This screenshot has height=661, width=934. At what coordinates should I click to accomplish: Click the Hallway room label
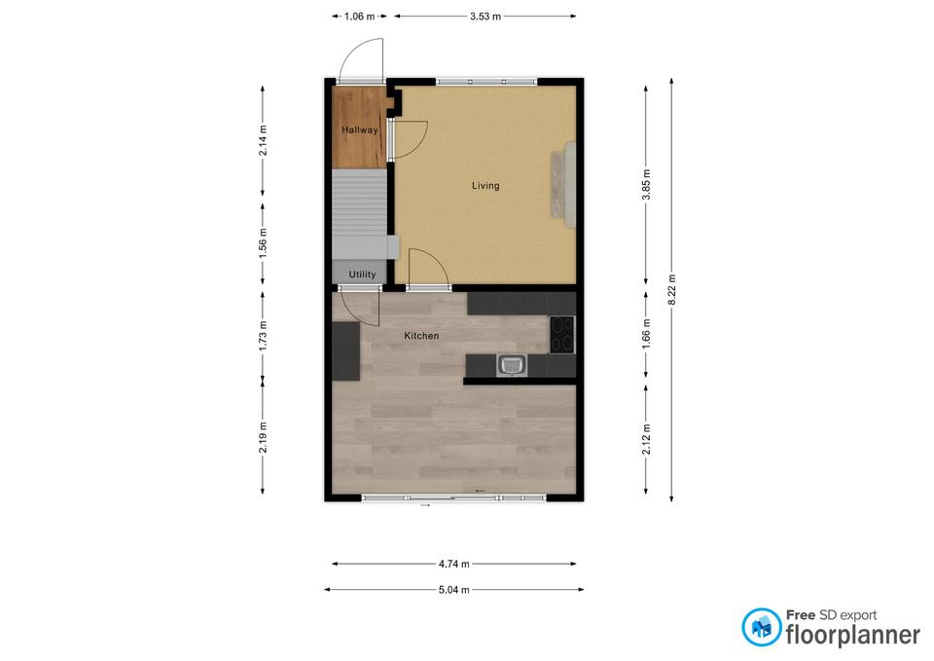click(x=359, y=129)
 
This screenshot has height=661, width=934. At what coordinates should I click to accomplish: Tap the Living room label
click(x=485, y=186)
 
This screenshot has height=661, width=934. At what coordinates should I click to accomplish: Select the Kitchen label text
click(x=421, y=336)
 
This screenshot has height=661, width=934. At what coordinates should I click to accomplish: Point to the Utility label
click(x=362, y=275)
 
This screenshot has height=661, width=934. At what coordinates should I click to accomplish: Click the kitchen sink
click(x=512, y=365)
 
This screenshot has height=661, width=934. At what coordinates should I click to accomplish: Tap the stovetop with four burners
click(x=561, y=334)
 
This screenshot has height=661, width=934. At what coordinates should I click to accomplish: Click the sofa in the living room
click(x=563, y=185)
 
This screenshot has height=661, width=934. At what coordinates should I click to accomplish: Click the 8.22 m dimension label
click(x=672, y=290)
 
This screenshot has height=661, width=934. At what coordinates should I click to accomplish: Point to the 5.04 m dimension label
click(x=454, y=590)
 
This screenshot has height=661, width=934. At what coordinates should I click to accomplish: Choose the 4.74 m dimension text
click(x=454, y=564)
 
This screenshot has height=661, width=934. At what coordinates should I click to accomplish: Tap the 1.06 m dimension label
click(x=359, y=17)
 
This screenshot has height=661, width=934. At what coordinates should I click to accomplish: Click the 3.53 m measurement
click(x=485, y=17)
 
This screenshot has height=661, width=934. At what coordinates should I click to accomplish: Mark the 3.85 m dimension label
click(x=646, y=185)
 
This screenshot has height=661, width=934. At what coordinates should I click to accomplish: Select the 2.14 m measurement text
click(x=263, y=140)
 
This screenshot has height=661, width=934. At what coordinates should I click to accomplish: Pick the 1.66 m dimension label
click(x=646, y=334)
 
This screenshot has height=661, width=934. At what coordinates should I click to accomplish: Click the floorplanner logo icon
click(x=761, y=627)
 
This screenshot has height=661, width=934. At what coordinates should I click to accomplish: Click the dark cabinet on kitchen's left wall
click(x=346, y=351)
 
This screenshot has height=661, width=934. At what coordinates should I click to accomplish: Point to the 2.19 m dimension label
click(x=263, y=437)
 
